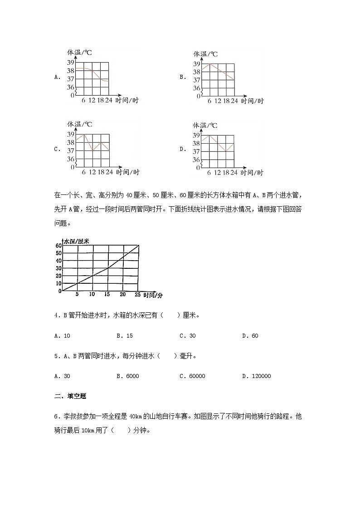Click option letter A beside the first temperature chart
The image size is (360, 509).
click(57, 77)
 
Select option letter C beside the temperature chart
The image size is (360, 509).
click(57, 149)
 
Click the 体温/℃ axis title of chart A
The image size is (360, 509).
click(80, 53)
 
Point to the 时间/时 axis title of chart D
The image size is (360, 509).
click(253, 173)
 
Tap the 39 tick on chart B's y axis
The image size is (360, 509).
click(196, 63)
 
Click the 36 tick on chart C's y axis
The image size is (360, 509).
click(71, 159)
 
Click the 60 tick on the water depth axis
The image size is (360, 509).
click(58, 246)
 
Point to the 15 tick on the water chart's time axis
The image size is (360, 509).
click(107, 295)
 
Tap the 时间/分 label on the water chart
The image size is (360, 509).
click(153, 296)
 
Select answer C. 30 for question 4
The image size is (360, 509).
click(187, 336)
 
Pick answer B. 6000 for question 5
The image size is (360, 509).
click(127, 376)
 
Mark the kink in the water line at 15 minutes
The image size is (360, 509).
click(107, 268)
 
